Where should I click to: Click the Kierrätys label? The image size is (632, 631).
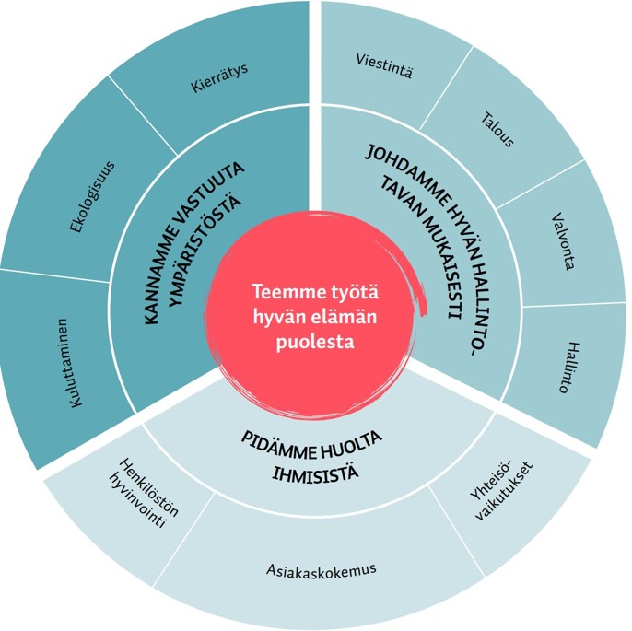tap(220, 79)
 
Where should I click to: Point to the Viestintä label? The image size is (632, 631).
tap(383, 66)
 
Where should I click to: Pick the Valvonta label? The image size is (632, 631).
tap(563, 243)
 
